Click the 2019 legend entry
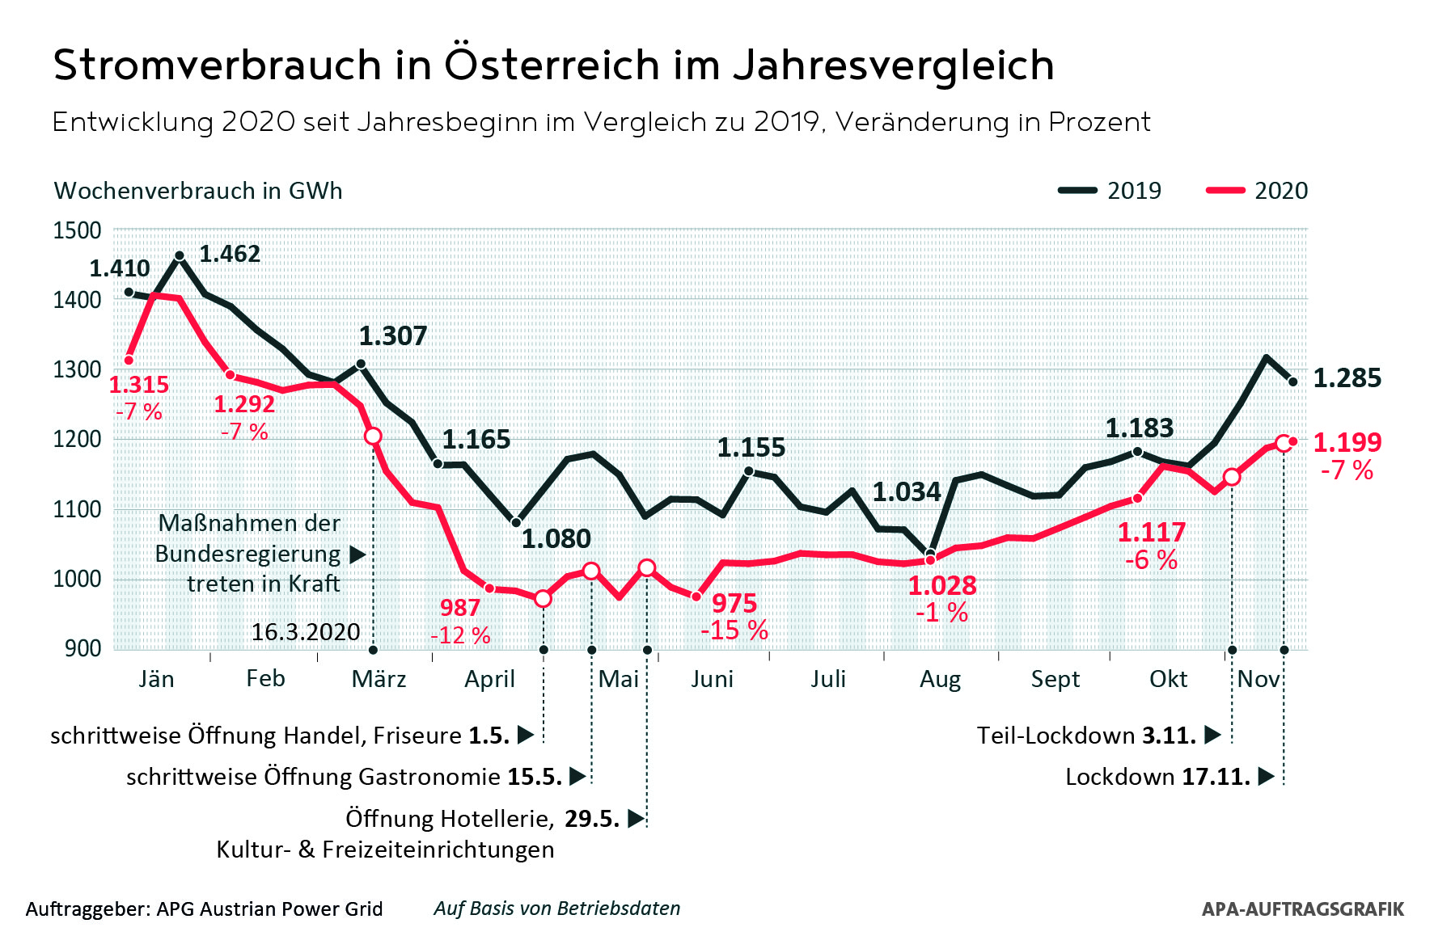click(1110, 191)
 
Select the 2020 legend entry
click(1257, 191)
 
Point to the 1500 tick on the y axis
click(78, 230)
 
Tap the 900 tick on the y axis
click(83, 648)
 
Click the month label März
click(379, 679)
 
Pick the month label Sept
click(1055, 679)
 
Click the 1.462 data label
click(230, 254)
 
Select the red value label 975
click(734, 603)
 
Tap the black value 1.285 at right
click(1347, 377)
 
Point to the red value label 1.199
click(1347, 442)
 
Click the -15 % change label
click(734, 630)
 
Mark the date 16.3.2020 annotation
click(306, 632)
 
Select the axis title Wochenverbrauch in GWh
click(198, 191)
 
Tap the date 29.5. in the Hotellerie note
click(592, 819)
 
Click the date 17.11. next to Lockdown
click(1216, 777)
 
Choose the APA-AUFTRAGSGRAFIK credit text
click(1302, 909)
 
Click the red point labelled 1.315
click(129, 360)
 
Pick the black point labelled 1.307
click(361, 364)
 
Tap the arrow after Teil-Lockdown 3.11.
click(1212, 735)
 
